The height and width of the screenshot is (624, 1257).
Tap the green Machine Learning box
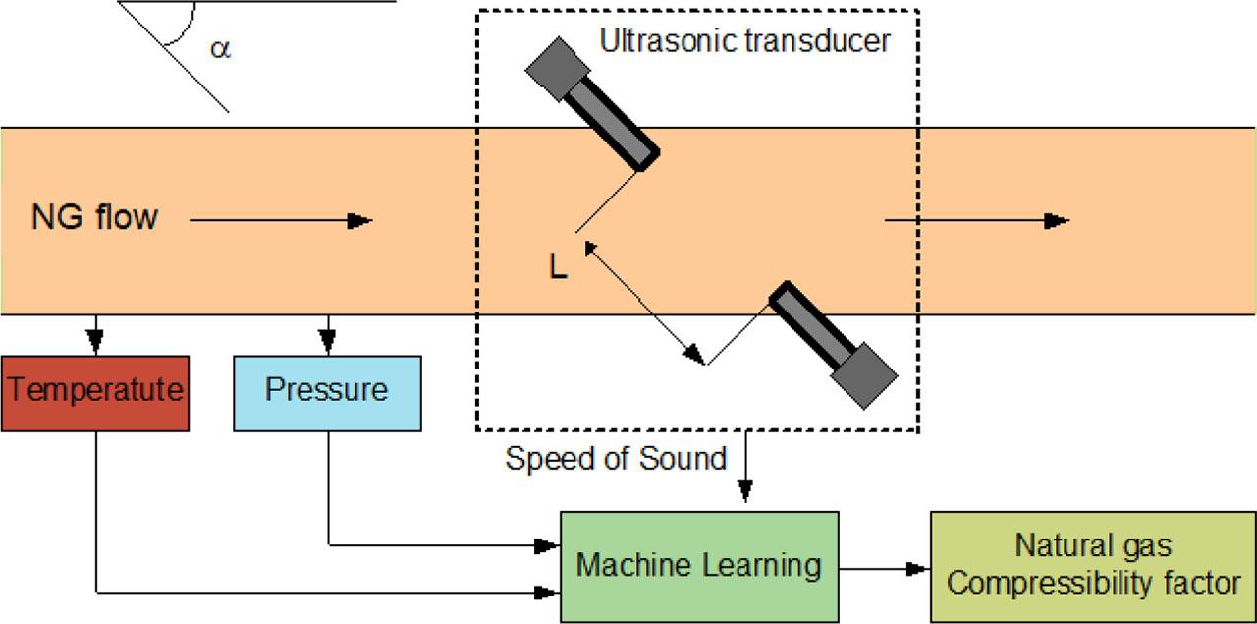pyautogui.click(x=698, y=566)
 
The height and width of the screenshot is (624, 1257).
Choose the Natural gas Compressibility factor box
pyautogui.click(x=1093, y=566)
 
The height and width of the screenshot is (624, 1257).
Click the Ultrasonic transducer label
pyautogui.click(x=744, y=42)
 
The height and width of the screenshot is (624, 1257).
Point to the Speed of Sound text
pyautogui.click(x=616, y=458)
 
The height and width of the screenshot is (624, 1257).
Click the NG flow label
pyautogui.click(x=94, y=217)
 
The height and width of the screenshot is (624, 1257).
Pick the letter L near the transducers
pyautogui.click(x=558, y=268)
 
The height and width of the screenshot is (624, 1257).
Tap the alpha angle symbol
pyautogui.click(x=221, y=48)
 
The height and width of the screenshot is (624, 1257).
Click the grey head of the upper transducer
pyautogui.click(x=557, y=69)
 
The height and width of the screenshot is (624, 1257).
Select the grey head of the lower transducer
pyautogui.click(x=864, y=376)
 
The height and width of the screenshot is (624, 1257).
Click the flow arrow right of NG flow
pyautogui.click(x=281, y=221)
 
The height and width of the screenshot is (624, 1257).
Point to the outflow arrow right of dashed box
pyautogui.click(x=976, y=221)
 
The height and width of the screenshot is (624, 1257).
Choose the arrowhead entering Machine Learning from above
pyautogui.click(x=745, y=490)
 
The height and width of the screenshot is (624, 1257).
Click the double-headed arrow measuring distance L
pyautogui.click(x=643, y=301)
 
